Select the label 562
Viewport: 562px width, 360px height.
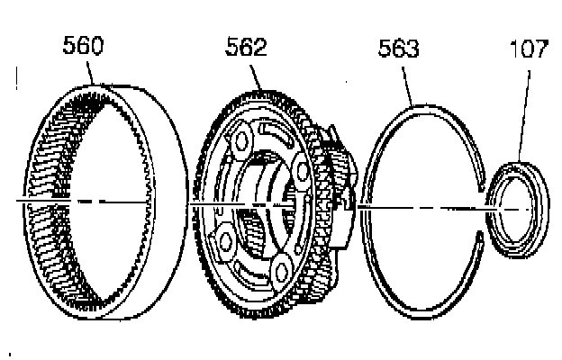(246, 49)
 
